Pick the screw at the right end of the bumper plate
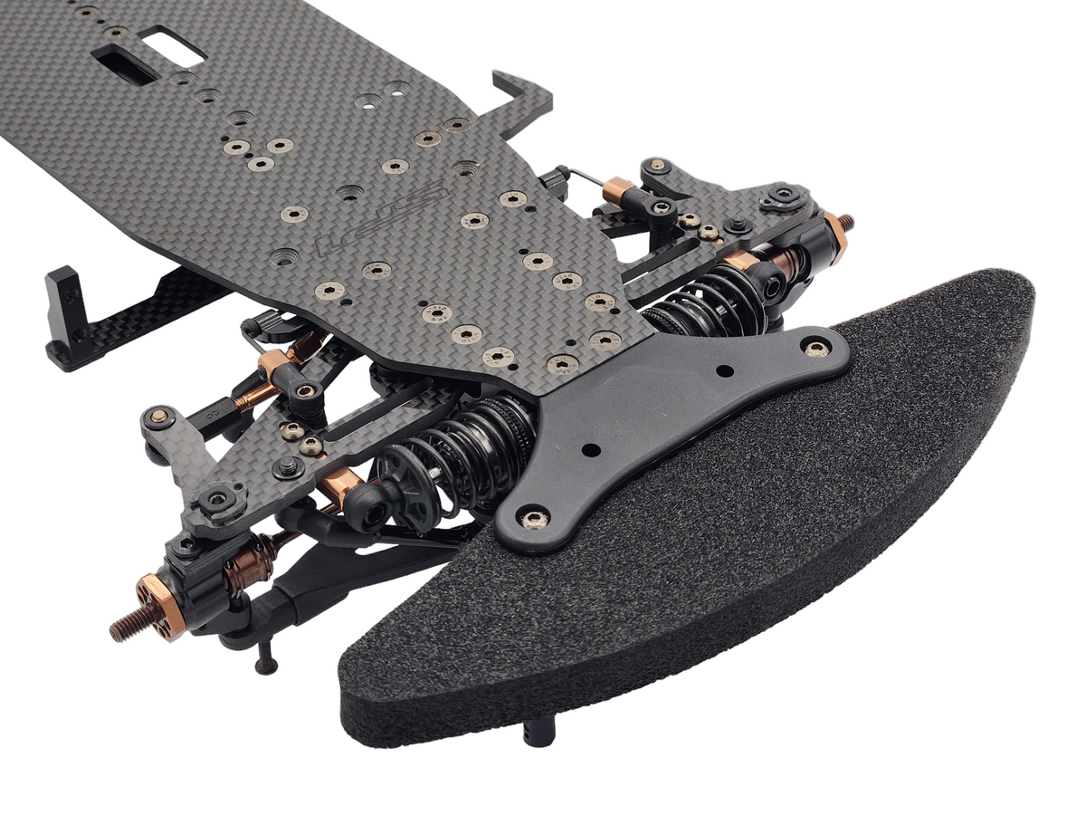click(817, 347)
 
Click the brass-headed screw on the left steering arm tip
click(160, 416)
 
